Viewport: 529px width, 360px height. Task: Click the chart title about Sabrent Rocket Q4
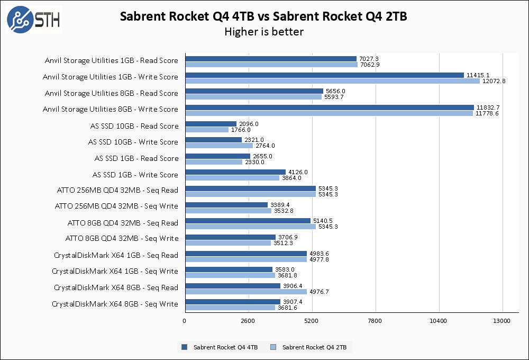(263, 16)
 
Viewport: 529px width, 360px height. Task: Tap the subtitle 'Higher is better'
(263, 32)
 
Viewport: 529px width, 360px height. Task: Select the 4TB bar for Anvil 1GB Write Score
(324, 75)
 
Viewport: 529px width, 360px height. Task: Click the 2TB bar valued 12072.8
(332, 81)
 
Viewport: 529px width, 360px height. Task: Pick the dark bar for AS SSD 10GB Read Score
(211, 124)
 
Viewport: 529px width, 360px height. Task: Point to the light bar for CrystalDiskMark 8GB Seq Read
(246, 292)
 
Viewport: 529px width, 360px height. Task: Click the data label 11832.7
(488, 107)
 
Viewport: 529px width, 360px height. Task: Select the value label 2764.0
(265, 146)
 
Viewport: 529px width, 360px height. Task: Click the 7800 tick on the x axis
(375, 321)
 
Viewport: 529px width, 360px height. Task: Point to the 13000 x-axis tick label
(501, 321)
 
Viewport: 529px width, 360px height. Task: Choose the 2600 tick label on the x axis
(248, 321)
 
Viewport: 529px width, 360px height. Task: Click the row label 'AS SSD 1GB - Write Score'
(135, 175)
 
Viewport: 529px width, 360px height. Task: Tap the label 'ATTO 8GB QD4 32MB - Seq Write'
(122, 238)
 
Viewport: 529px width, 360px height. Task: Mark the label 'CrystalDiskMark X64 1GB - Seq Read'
(116, 255)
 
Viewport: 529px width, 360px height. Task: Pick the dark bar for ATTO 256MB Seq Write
(226, 204)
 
